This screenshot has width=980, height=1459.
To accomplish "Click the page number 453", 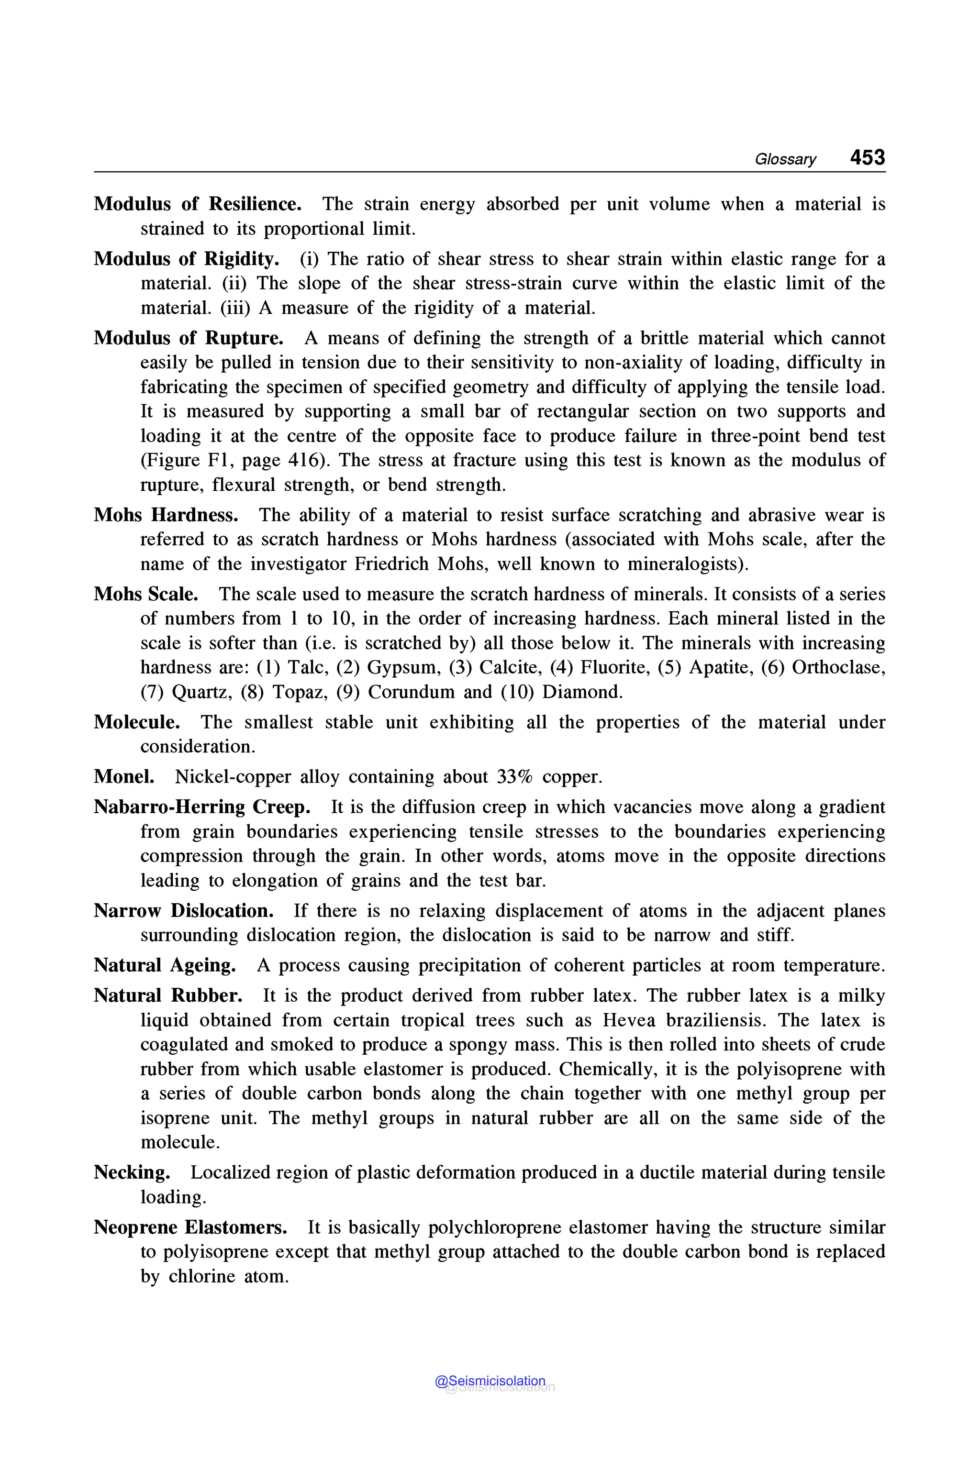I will coord(867,157).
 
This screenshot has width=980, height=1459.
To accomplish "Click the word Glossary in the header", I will coord(785,159).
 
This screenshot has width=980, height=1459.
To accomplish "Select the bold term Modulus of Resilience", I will coord(198,204).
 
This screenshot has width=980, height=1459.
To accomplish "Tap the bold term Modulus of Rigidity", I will coord(186,259).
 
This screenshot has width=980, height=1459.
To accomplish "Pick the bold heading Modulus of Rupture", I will coord(188,338).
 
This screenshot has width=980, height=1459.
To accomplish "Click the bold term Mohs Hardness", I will coord(166,515).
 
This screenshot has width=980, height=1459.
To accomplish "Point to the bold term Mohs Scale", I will coord(145,594).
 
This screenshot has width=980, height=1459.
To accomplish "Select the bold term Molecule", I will coord(137,722).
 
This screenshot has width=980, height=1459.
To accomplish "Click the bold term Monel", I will coord(124,777).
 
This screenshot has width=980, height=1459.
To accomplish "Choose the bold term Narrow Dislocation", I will coord(183,910).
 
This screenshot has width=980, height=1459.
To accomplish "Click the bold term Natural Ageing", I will coord(165,965).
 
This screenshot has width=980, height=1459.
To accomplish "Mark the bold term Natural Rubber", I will coord(168,995).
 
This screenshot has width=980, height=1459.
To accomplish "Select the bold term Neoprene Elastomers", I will coord(190,1227).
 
